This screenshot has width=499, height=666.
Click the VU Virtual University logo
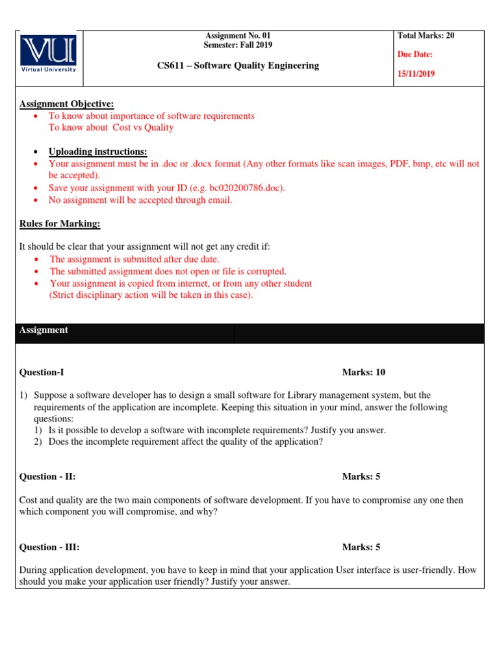[x=48, y=53]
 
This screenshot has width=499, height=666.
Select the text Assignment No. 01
[x=238, y=36]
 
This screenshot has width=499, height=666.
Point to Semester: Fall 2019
[x=238, y=45]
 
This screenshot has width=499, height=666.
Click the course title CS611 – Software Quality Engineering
[x=238, y=65]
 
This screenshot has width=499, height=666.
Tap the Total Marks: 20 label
[x=426, y=36]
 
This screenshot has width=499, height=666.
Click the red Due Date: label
[x=415, y=55]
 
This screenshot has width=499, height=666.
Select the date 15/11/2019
[x=416, y=73]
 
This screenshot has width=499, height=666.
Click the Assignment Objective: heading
[x=66, y=104]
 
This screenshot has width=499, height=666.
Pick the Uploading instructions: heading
[x=98, y=152]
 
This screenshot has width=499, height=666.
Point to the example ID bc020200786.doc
[x=246, y=188]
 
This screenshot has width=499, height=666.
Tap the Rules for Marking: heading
[x=60, y=224]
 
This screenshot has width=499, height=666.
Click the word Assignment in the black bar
[x=44, y=330]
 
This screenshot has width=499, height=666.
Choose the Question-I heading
[x=42, y=373]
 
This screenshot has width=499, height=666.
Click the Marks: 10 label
[x=363, y=373]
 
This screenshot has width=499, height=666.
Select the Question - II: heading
[x=47, y=477]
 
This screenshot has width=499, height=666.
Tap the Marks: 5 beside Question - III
[x=361, y=547]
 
